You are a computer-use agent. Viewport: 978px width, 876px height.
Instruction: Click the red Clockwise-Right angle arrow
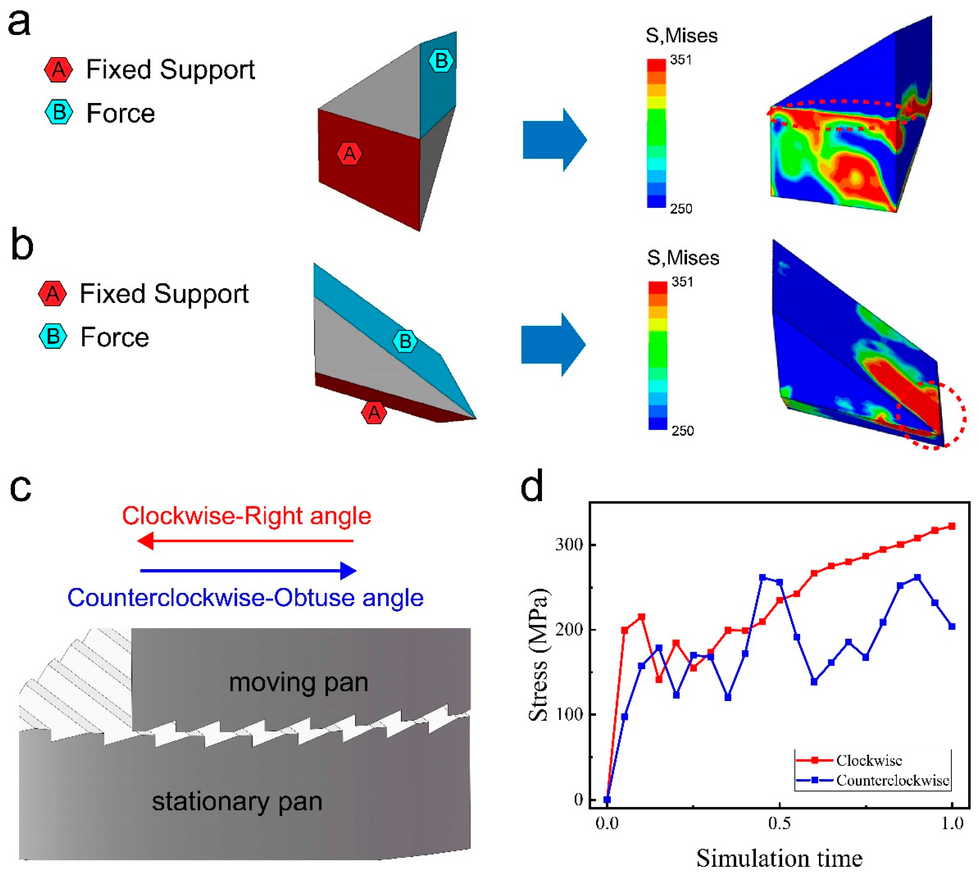click(x=245, y=541)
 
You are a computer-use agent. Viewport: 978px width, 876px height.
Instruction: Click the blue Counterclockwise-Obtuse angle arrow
click(x=248, y=571)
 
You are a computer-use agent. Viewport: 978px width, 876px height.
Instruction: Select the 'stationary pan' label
click(x=237, y=802)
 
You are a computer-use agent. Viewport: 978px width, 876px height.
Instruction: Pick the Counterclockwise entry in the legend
click(x=892, y=780)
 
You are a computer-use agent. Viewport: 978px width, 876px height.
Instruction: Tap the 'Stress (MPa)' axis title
click(x=539, y=655)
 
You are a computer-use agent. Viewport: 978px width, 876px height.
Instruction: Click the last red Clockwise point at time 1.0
click(x=952, y=526)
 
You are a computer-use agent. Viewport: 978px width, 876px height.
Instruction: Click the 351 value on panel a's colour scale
click(x=681, y=60)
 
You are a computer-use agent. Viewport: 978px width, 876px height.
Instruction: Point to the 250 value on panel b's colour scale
click(x=682, y=430)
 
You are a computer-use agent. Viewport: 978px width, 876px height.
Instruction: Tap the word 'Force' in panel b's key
click(x=114, y=337)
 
